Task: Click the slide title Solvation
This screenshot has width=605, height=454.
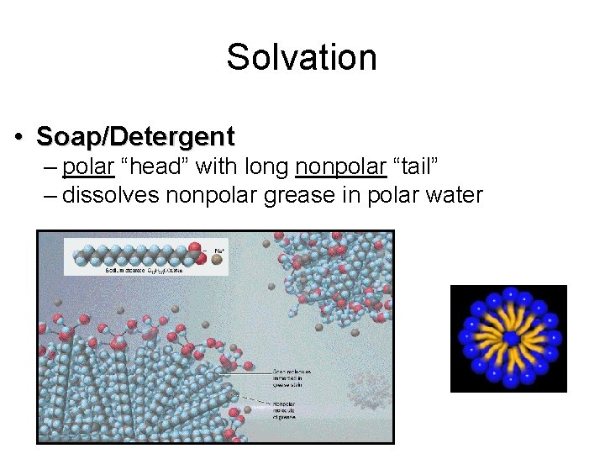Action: tap(302, 58)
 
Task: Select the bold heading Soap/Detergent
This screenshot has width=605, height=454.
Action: tap(136, 135)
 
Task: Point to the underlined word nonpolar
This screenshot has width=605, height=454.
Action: tap(340, 166)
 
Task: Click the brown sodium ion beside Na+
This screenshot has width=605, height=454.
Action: tap(216, 261)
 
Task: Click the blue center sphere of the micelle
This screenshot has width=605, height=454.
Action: tap(509, 338)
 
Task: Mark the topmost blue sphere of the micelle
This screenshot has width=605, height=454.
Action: tap(509, 293)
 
